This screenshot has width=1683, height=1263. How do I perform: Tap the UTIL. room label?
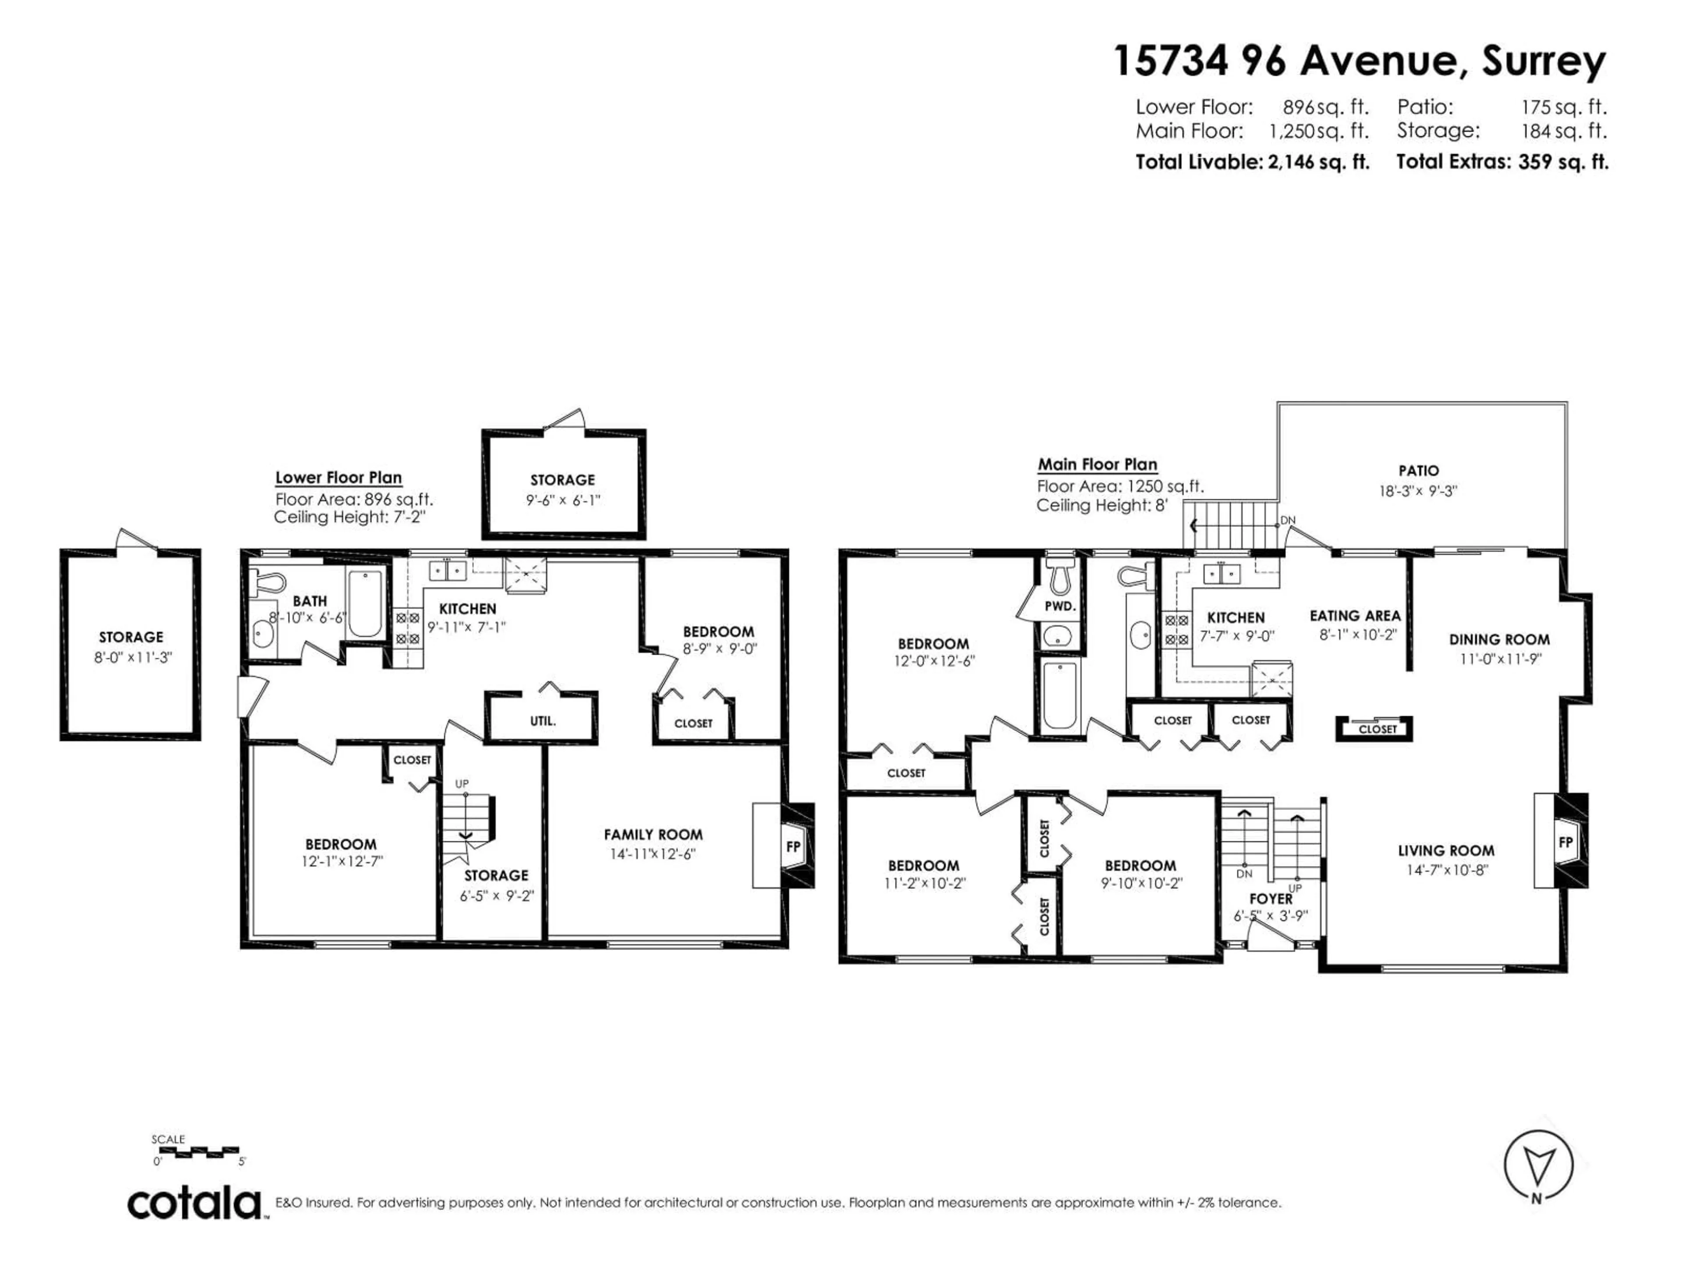point(543,720)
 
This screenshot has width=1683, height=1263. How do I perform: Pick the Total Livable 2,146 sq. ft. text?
point(1252,162)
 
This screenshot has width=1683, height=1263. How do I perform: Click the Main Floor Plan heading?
point(1097,464)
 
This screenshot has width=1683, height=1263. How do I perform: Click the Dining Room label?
point(1499,639)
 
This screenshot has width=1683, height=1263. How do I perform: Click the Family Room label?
point(653,835)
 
